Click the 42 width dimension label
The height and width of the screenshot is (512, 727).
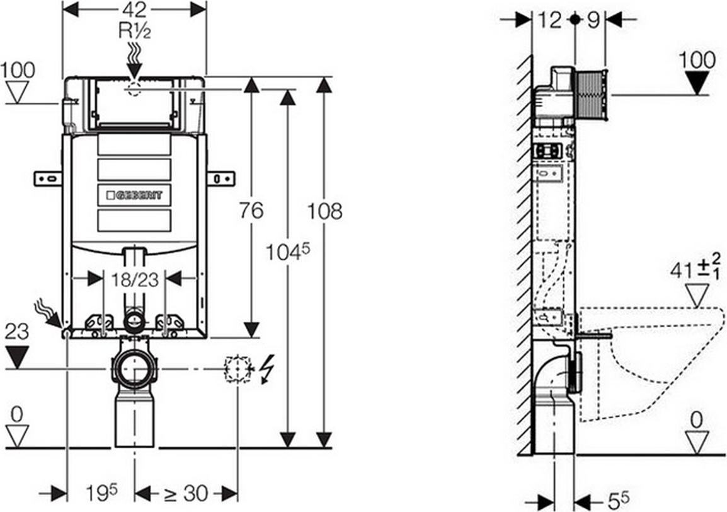135,9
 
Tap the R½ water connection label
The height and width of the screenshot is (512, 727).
134,31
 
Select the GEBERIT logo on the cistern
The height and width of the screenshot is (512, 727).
134,195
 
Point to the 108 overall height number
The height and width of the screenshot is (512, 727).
324,211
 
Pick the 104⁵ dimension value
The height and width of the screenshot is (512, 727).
287,252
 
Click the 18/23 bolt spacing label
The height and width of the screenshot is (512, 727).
135,279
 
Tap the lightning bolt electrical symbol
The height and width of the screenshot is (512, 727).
268,369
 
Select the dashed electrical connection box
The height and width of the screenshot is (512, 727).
238,369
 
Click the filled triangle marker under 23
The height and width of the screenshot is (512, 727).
16,357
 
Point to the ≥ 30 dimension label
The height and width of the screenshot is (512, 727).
185,494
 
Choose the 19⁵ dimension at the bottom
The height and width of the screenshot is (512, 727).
101,492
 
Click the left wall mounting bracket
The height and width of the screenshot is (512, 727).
48,178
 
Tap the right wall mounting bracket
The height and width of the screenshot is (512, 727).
221,178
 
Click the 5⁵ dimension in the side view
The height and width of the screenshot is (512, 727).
618,501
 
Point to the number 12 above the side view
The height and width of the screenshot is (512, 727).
550,20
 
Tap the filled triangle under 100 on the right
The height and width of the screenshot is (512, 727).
697,84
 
